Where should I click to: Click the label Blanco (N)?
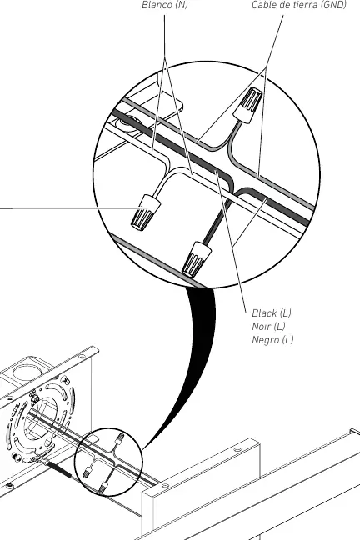[165, 5]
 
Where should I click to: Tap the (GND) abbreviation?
[333, 5]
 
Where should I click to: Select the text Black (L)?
[272, 313]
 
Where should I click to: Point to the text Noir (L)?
[268, 326]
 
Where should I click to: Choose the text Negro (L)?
[272, 340]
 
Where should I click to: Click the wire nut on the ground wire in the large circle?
[248, 105]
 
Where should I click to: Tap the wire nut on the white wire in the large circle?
[146, 212]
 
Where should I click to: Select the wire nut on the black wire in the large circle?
[197, 258]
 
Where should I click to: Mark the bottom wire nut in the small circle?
[102, 487]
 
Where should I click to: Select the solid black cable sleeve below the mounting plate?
[60, 470]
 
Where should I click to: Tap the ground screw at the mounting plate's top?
[34, 399]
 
